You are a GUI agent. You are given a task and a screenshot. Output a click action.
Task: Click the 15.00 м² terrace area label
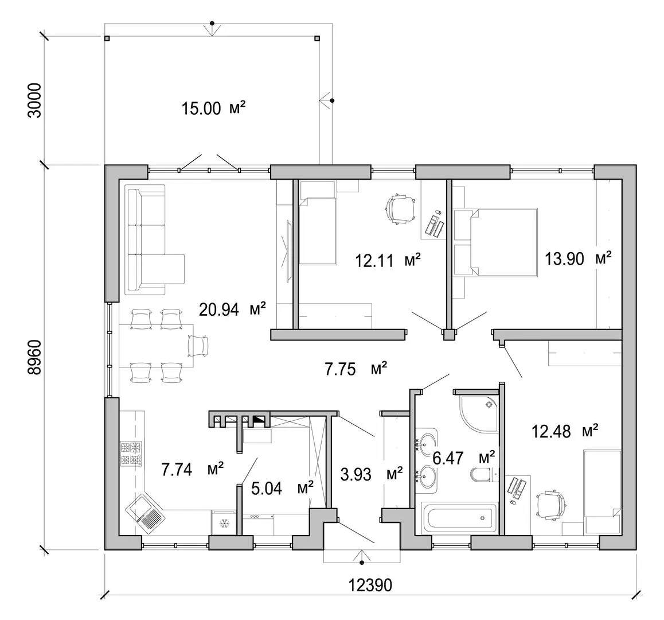tap(213, 108)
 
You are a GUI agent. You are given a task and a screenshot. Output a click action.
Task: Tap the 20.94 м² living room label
tap(232, 309)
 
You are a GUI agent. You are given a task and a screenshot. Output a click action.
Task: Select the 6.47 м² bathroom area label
tap(463, 458)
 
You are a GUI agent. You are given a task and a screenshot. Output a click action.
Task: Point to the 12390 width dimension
tap(370, 585)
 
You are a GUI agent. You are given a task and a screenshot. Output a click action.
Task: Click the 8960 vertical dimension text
tap(35, 356)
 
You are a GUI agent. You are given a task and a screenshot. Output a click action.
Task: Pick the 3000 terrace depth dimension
tap(35, 100)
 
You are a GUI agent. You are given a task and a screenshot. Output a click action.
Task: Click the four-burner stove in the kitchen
tap(131, 454)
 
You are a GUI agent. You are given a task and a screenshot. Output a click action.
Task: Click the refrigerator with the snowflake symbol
tap(224, 523)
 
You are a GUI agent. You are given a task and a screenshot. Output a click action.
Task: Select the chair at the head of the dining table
tap(198, 346)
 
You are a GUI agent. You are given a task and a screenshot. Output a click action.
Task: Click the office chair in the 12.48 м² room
tap(551, 504)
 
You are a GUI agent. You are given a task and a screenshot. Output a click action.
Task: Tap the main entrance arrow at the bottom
tap(362, 556)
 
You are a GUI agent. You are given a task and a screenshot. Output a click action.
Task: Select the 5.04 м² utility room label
tap(282, 489)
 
